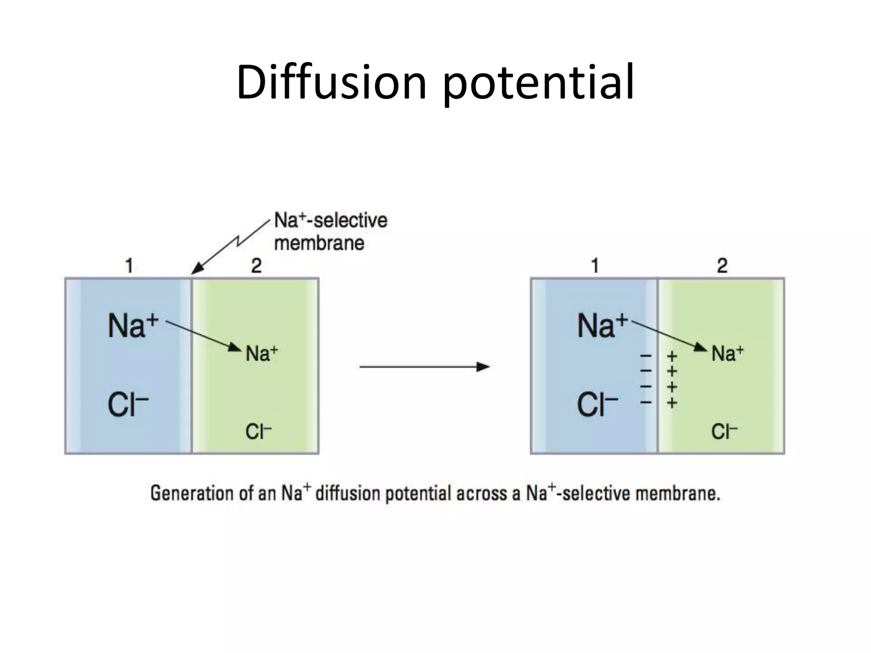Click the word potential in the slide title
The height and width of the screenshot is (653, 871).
pyautogui.click(x=539, y=83)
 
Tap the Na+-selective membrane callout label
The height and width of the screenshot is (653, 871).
pyautogui.click(x=330, y=232)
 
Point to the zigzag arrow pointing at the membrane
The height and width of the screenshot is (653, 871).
pyautogui.click(x=232, y=247)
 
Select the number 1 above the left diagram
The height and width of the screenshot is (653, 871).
pyautogui.click(x=129, y=266)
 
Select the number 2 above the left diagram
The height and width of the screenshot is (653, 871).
pyautogui.click(x=256, y=266)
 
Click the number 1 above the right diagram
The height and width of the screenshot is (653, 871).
pyautogui.click(x=595, y=266)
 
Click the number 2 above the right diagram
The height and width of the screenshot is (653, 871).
pyautogui.click(x=722, y=266)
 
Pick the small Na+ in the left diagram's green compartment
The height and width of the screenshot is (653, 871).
pyautogui.click(x=262, y=354)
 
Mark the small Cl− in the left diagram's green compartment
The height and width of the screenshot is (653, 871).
pyautogui.click(x=258, y=432)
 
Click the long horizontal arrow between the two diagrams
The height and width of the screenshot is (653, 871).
pyautogui.click(x=424, y=366)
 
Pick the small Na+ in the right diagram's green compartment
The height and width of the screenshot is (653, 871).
pyautogui.click(x=728, y=354)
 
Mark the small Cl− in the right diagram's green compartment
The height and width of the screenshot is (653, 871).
pyautogui.click(x=724, y=432)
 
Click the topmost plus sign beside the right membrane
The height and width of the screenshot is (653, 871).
pyautogui.click(x=672, y=355)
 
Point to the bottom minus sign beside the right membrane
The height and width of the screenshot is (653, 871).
pyautogui.click(x=646, y=402)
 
